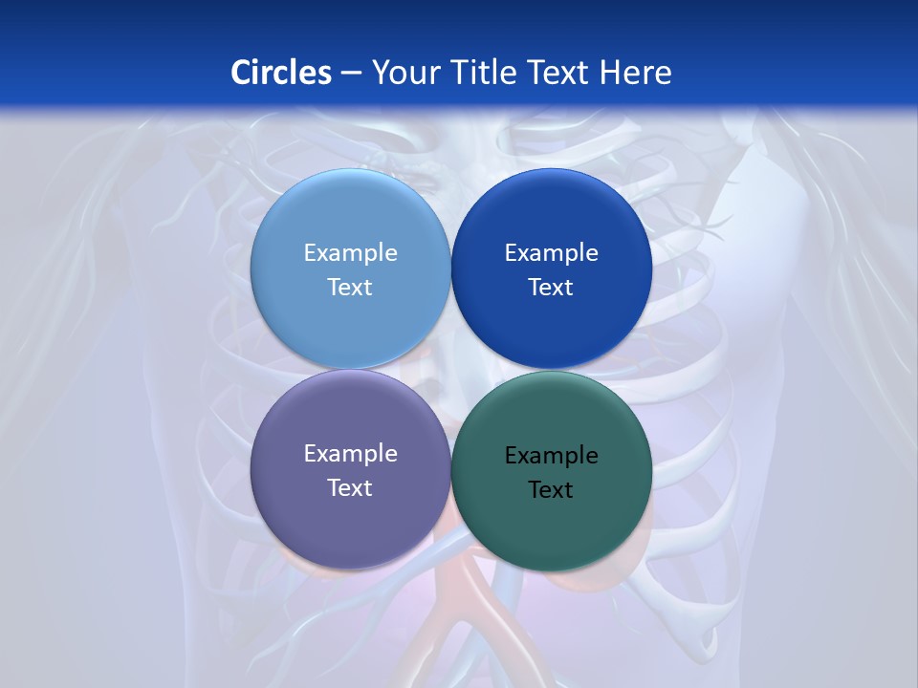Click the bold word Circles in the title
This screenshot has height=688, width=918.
point(280,73)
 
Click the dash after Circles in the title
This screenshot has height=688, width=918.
point(351,74)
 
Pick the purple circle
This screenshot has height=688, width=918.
point(350,526)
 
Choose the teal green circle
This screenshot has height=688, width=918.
point(551,530)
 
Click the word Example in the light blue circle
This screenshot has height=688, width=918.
point(350,253)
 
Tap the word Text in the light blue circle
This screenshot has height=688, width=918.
point(350,288)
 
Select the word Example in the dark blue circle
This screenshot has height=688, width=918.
point(551,253)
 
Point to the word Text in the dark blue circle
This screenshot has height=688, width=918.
point(551,288)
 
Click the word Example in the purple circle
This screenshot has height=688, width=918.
point(350,454)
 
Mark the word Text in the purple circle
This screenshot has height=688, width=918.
point(350,488)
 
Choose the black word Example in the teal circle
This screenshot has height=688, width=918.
point(551,456)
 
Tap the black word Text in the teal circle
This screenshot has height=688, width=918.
point(551,490)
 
